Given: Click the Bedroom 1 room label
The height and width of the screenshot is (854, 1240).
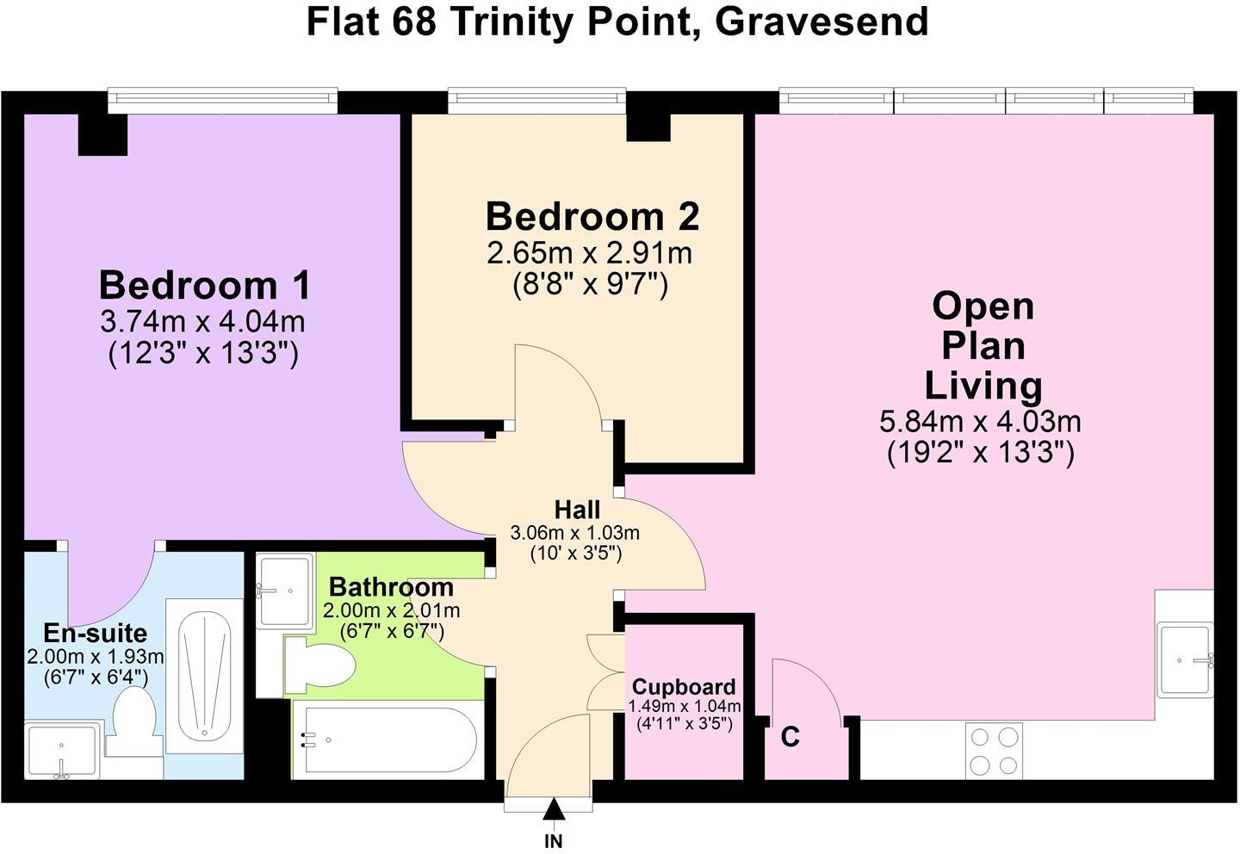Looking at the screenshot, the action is tap(204, 286).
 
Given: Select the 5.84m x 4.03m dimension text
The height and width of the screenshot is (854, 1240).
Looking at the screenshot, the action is tap(980, 422).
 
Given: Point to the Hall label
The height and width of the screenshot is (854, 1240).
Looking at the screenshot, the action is tap(577, 509).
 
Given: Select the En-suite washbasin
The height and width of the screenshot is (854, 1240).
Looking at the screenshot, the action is tap(63, 750).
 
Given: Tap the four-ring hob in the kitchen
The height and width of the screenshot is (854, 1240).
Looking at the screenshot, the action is tap(994, 751).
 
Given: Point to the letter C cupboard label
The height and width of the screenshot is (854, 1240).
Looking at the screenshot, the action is tap(790, 737).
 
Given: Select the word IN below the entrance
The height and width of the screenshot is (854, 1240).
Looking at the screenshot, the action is tap(554, 841).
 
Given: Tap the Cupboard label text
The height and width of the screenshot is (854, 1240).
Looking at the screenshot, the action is tap(684, 687).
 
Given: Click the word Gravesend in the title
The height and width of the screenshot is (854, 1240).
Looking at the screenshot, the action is tap(822, 22).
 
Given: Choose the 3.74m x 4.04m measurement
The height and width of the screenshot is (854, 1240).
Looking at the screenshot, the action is tap(202, 322).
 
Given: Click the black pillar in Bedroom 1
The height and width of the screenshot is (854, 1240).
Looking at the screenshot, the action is tap(103, 134).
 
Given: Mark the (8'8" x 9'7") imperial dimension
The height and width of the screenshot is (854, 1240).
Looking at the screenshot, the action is tap(591, 286).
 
